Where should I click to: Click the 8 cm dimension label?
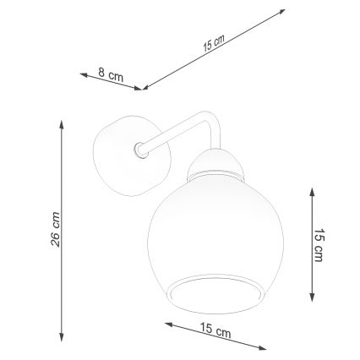[111, 75]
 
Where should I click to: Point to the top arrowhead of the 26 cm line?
[61, 121]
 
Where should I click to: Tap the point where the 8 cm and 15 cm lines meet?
[143, 88]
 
